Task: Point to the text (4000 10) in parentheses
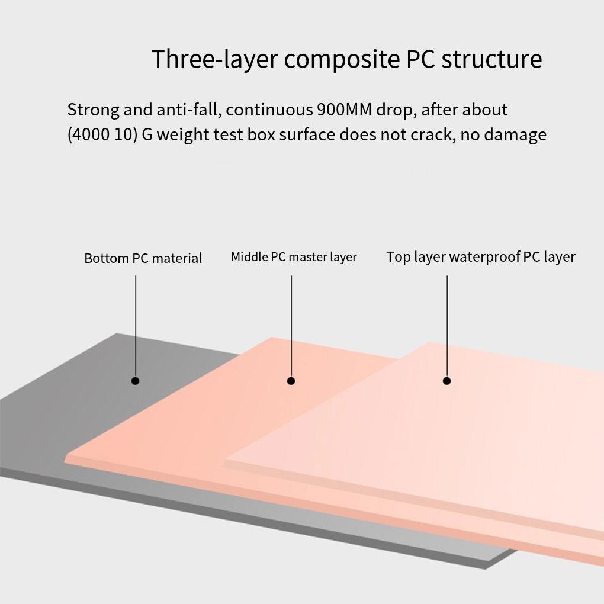[102, 135]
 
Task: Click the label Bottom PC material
[143, 258]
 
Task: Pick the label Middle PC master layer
[294, 257]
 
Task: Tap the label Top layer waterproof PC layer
[480, 257]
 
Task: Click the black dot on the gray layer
[136, 381]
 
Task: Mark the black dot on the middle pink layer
[291, 381]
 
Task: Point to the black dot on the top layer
[446, 381]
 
